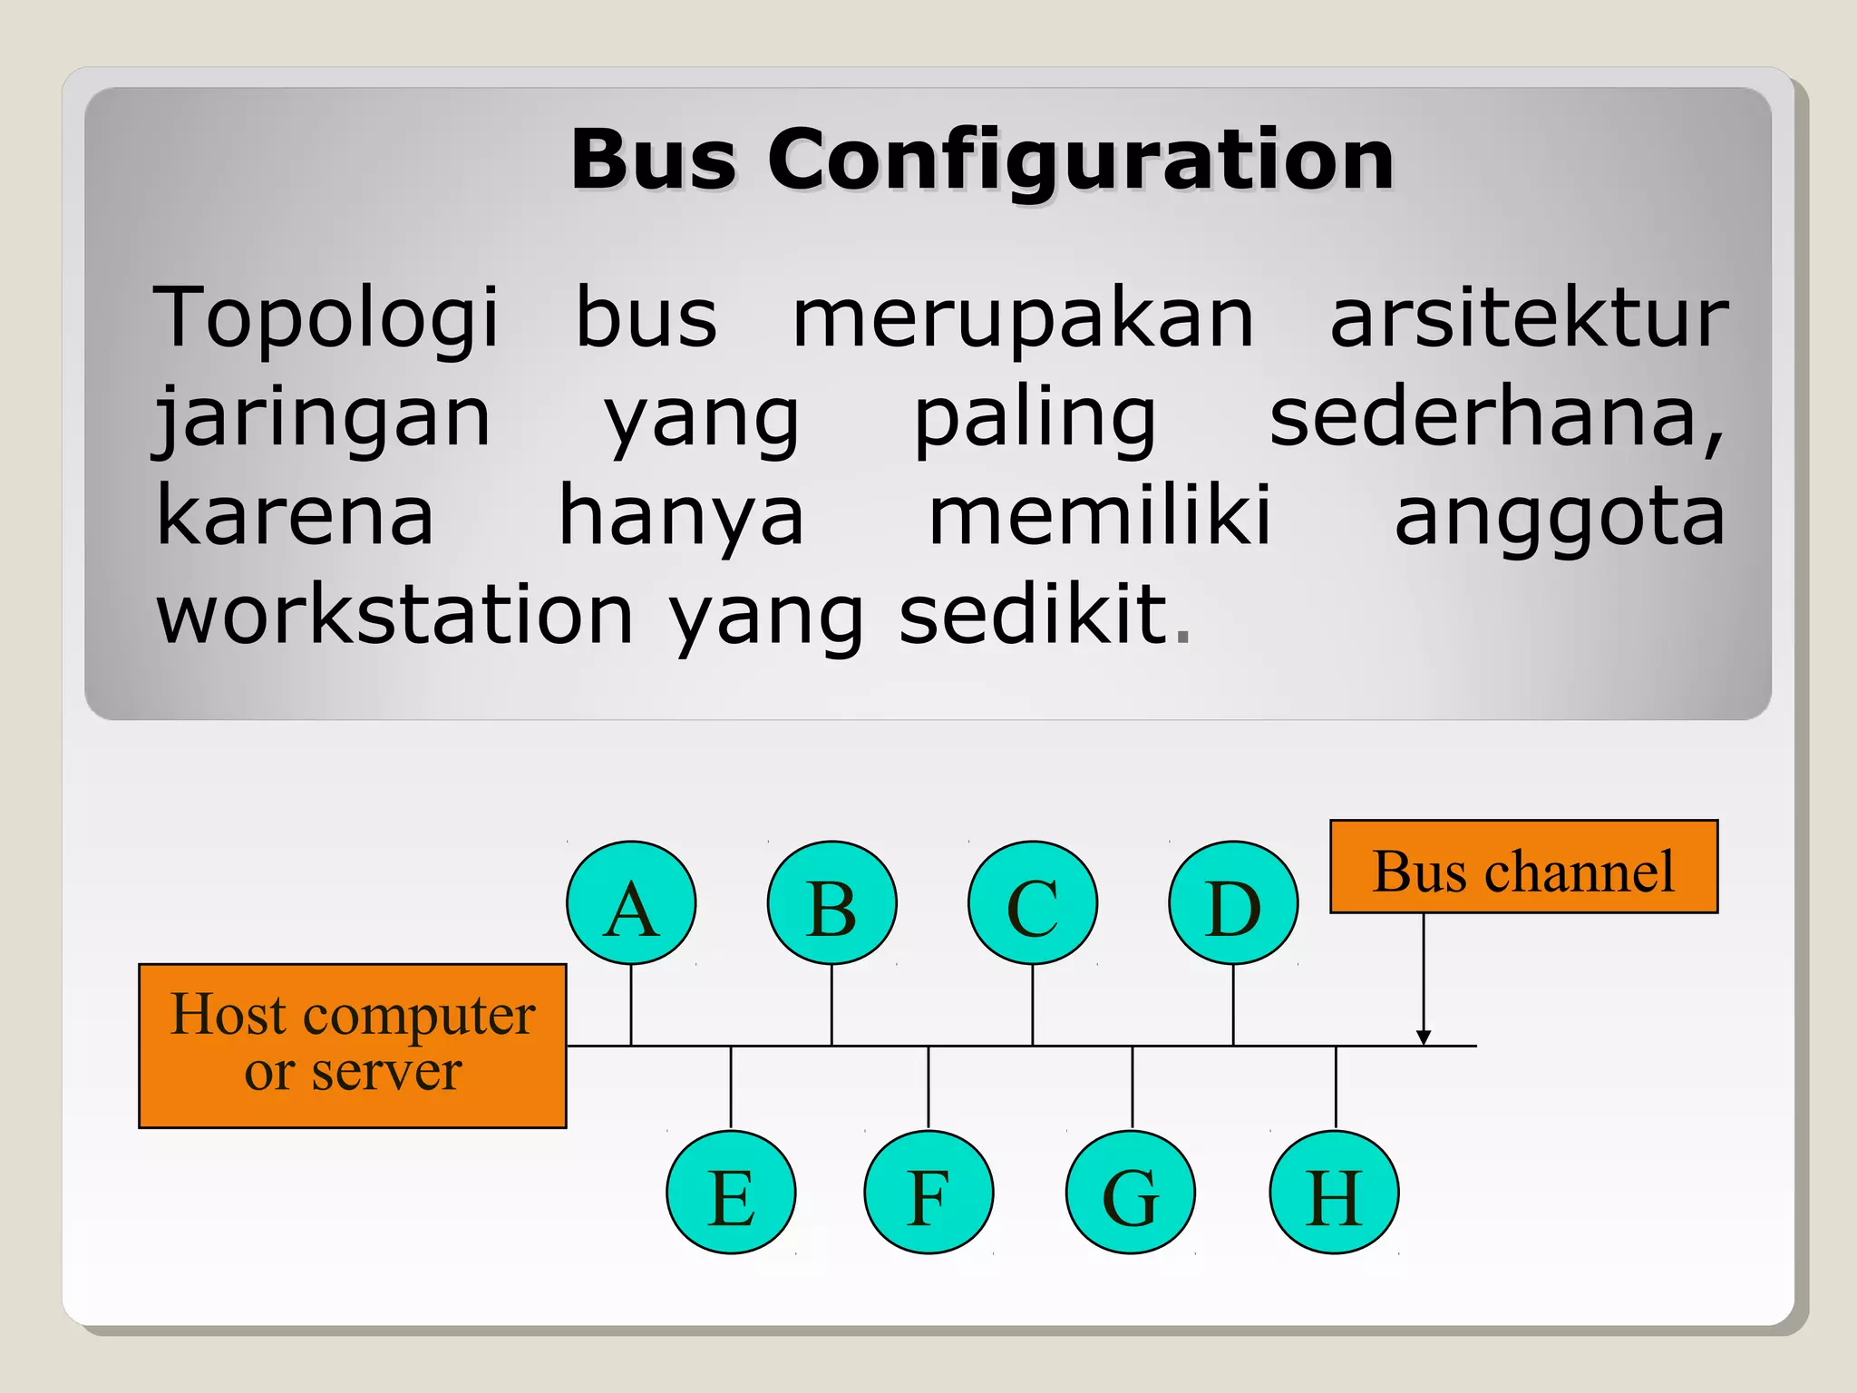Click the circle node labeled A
click(x=631, y=902)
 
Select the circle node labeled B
click(x=831, y=902)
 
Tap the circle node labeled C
click(x=1033, y=902)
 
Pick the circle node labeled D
click(x=1233, y=902)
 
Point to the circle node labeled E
click(x=731, y=1192)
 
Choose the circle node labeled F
click(x=928, y=1192)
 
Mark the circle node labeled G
click(x=1131, y=1192)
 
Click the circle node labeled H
click(x=1334, y=1192)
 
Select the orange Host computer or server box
click(x=353, y=1046)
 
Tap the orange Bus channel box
click(x=1523, y=866)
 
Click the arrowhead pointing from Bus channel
click(x=1424, y=1037)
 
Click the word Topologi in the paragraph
click(x=326, y=318)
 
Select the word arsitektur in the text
click(x=1529, y=318)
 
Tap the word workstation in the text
click(x=394, y=615)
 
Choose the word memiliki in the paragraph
click(x=1100, y=516)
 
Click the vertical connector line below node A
click(x=631, y=1005)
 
